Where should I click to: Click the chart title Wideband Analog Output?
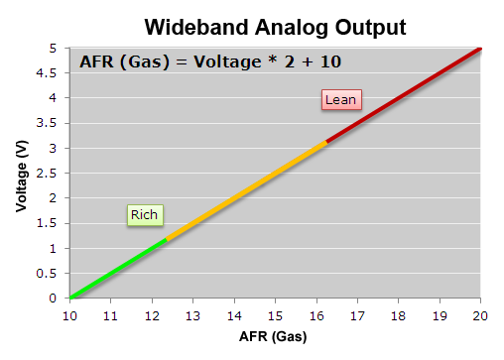pyautogui.click(x=260, y=25)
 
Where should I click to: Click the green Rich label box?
pyautogui.click(x=145, y=214)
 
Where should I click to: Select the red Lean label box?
pyautogui.click(x=340, y=99)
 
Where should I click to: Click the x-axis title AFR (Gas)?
pyautogui.click(x=274, y=336)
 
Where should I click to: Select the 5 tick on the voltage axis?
pyautogui.click(x=58, y=48)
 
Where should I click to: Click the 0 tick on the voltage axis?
pyautogui.click(x=58, y=298)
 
